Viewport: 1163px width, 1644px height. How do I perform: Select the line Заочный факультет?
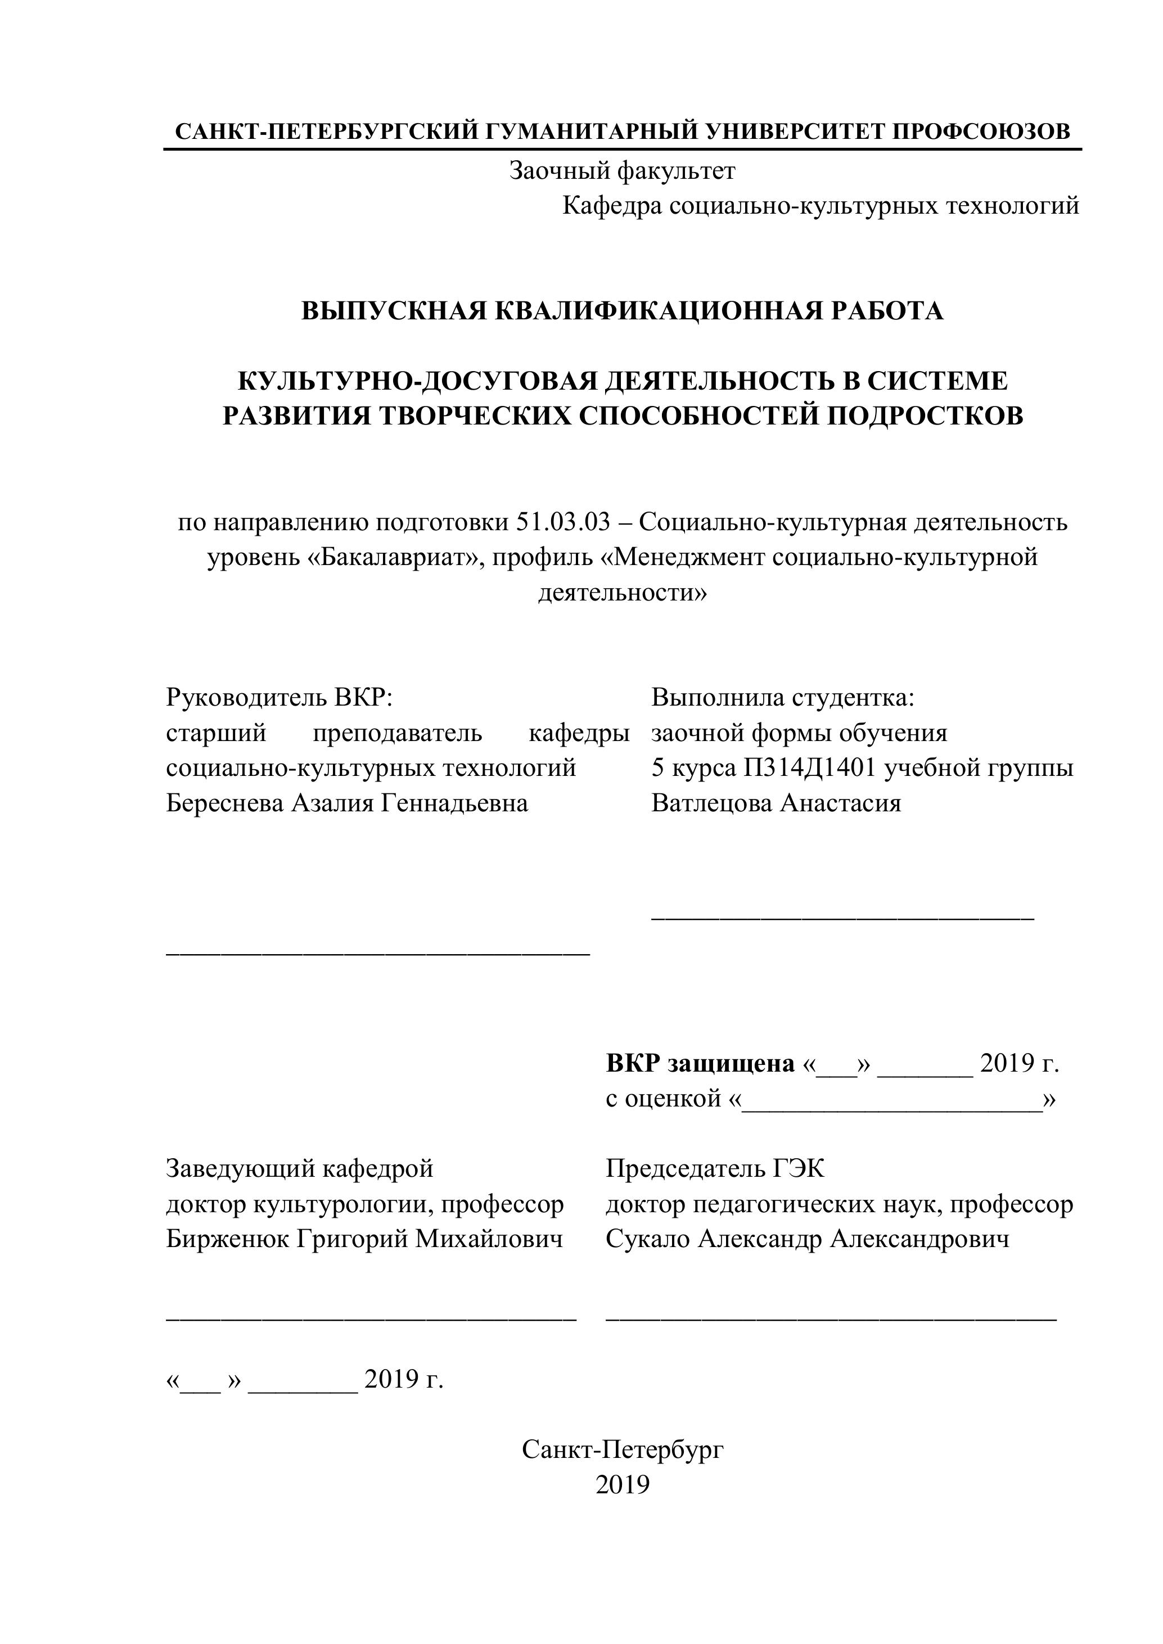click(x=621, y=170)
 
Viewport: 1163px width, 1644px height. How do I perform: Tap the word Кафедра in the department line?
click(x=611, y=206)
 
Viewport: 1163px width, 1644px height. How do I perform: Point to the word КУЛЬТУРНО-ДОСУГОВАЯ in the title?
click(x=417, y=381)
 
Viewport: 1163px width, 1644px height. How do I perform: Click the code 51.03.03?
click(x=562, y=523)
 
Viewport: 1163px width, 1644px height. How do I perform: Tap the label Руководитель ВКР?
click(x=280, y=697)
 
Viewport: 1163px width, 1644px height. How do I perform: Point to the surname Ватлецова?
click(x=711, y=803)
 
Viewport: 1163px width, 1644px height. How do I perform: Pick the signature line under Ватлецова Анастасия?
click(x=842, y=919)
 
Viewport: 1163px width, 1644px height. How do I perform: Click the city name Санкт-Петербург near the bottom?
click(x=623, y=1450)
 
